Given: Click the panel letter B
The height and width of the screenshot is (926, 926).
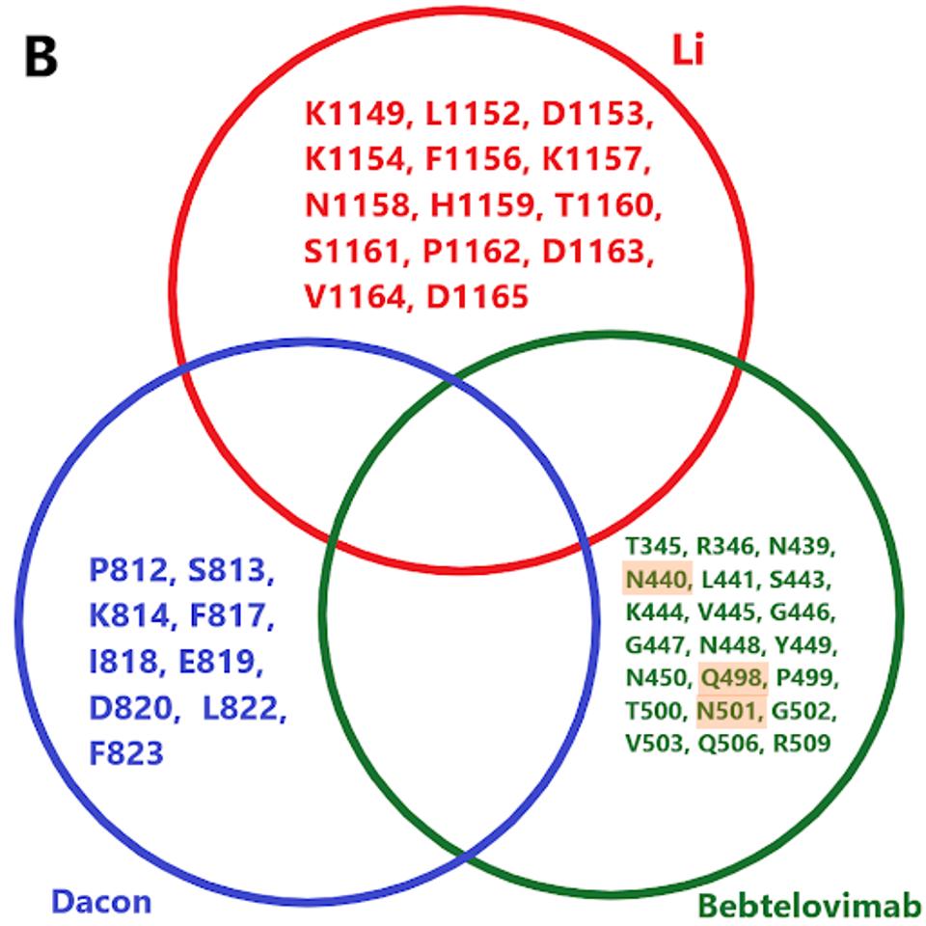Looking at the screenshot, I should pyautogui.click(x=41, y=57).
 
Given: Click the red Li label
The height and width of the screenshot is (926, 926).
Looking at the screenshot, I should pyautogui.click(x=688, y=50).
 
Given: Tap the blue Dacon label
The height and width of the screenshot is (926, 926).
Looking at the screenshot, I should pyautogui.click(x=100, y=901).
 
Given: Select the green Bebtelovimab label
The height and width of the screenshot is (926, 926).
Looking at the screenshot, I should pyautogui.click(x=809, y=906).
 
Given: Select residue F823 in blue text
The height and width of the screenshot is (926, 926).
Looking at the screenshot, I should pyautogui.click(x=126, y=751).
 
